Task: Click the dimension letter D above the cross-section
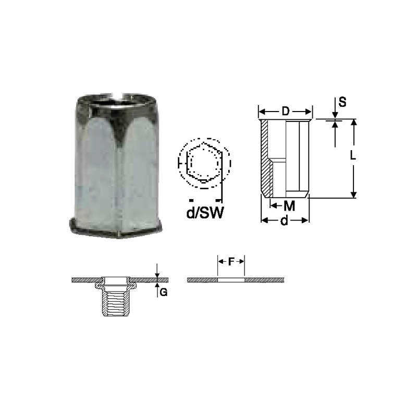coord(285,112)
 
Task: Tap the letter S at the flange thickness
coord(342,102)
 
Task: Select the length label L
coord(353,155)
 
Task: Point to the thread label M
coord(290,205)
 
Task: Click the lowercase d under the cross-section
coord(284,220)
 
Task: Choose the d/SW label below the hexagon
coord(205,213)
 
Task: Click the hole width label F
coord(231,262)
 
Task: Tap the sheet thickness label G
coord(164,292)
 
